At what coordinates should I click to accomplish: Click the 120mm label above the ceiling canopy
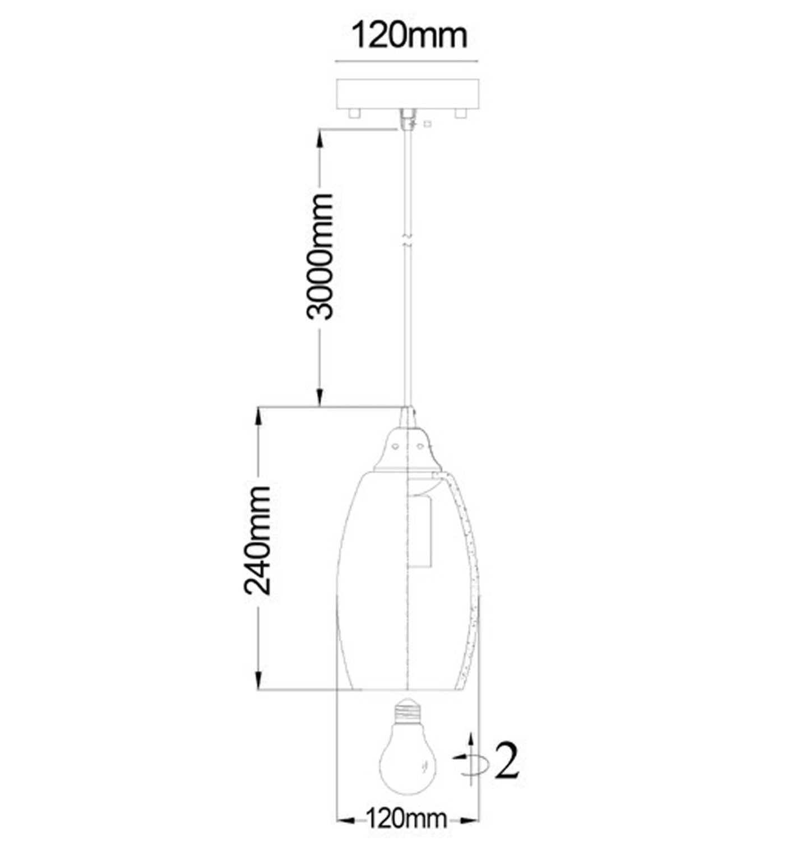409,36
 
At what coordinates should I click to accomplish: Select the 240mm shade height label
258,541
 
